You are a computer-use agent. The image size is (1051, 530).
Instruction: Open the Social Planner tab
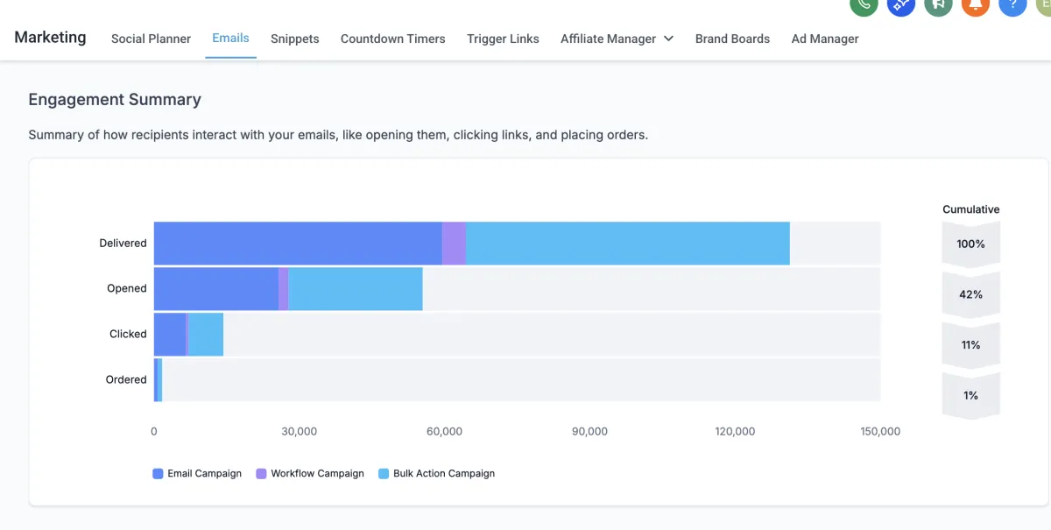tap(151, 39)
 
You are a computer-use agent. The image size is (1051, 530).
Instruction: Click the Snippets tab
tap(294, 39)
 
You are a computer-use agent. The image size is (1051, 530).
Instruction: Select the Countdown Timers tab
tap(392, 39)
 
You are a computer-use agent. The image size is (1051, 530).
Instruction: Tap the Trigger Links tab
tap(503, 39)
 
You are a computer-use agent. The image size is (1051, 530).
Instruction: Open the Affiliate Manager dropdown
tap(617, 39)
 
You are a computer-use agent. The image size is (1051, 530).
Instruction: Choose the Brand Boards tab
tap(732, 39)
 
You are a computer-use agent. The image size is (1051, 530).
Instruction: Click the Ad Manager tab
tap(824, 39)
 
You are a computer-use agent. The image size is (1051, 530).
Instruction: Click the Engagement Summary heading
tap(115, 100)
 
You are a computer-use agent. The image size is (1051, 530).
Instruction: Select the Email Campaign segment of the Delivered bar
tap(298, 243)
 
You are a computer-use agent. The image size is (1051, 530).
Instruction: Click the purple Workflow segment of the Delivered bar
tap(454, 243)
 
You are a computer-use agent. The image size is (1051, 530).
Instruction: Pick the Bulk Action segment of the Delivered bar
tap(627, 243)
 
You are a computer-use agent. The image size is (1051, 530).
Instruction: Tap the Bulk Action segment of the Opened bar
tap(356, 288)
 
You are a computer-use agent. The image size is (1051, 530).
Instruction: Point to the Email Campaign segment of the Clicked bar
tap(170, 334)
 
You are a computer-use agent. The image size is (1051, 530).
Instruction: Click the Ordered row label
tap(126, 379)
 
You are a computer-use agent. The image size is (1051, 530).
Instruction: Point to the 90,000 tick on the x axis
tap(589, 431)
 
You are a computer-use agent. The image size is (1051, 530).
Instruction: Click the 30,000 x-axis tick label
tap(299, 431)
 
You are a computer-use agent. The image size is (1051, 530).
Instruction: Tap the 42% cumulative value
tap(970, 294)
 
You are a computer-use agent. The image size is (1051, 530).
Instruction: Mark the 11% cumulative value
tap(970, 345)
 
